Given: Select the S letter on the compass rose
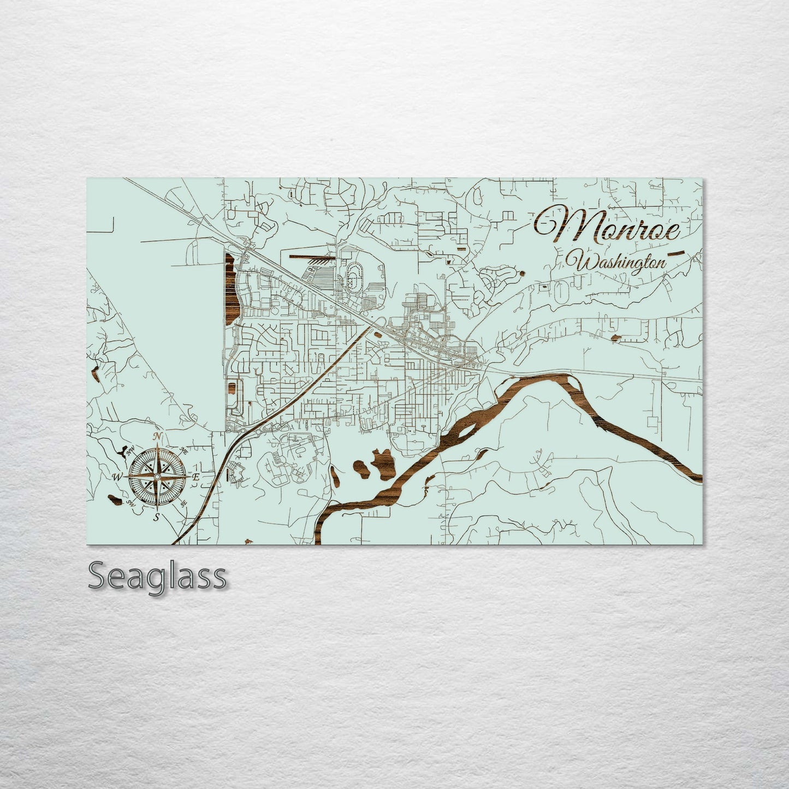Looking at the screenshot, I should point(157,517).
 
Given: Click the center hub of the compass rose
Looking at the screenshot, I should point(157,477).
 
